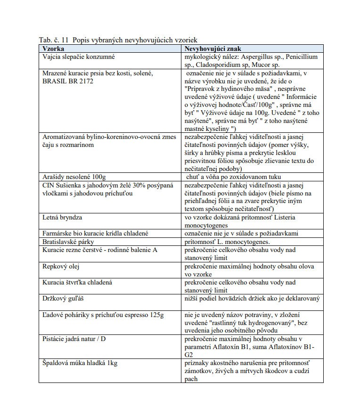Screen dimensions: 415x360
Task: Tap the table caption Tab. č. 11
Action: (x=54, y=41)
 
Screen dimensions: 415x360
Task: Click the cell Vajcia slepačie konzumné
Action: (x=79, y=57)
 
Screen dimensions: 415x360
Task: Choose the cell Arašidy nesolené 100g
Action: (x=74, y=177)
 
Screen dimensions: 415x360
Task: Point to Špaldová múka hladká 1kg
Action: (x=80, y=363)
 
